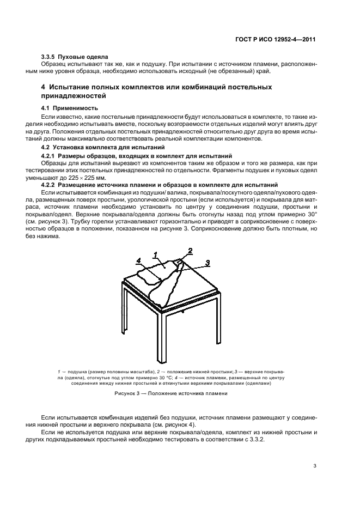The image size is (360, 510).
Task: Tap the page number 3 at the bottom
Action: point(315,466)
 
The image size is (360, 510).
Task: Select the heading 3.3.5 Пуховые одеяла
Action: point(75,57)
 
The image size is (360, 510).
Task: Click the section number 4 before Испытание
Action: point(44,87)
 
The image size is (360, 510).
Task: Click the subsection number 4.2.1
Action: point(51,156)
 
